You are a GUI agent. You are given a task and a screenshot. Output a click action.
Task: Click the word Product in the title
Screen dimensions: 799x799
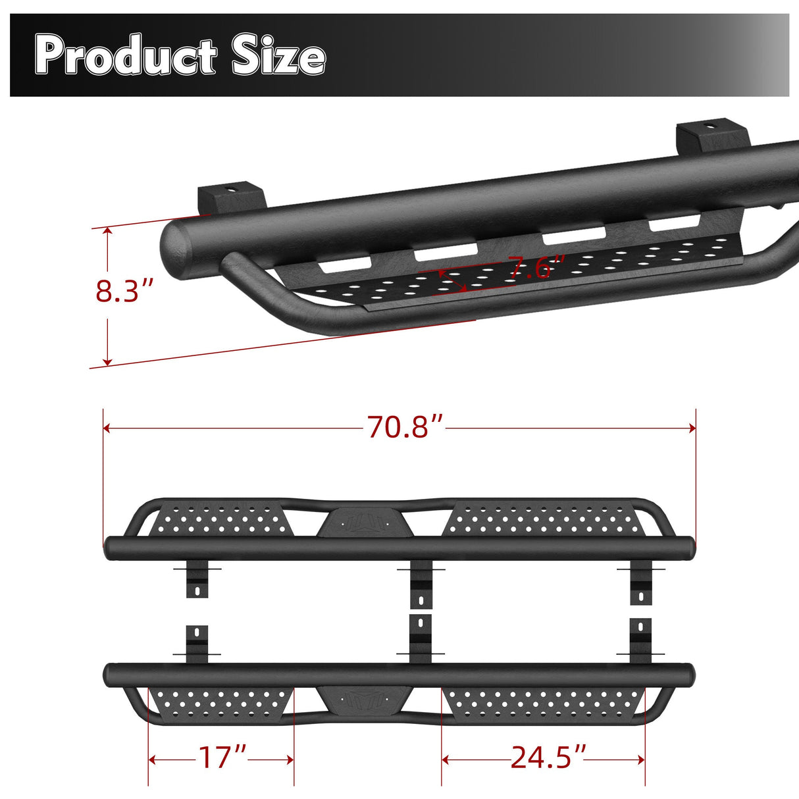(x=125, y=56)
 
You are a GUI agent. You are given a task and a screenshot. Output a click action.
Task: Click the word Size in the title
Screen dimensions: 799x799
(x=278, y=56)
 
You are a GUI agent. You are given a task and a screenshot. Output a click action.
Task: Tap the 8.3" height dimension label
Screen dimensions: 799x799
(x=124, y=290)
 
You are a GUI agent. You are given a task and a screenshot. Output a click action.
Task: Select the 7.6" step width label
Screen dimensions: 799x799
(x=536, y=268)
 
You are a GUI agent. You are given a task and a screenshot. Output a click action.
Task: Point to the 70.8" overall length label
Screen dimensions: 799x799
(x=405, y=427)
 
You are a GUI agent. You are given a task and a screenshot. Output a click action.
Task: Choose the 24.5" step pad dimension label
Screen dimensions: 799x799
(x=548, y=758)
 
